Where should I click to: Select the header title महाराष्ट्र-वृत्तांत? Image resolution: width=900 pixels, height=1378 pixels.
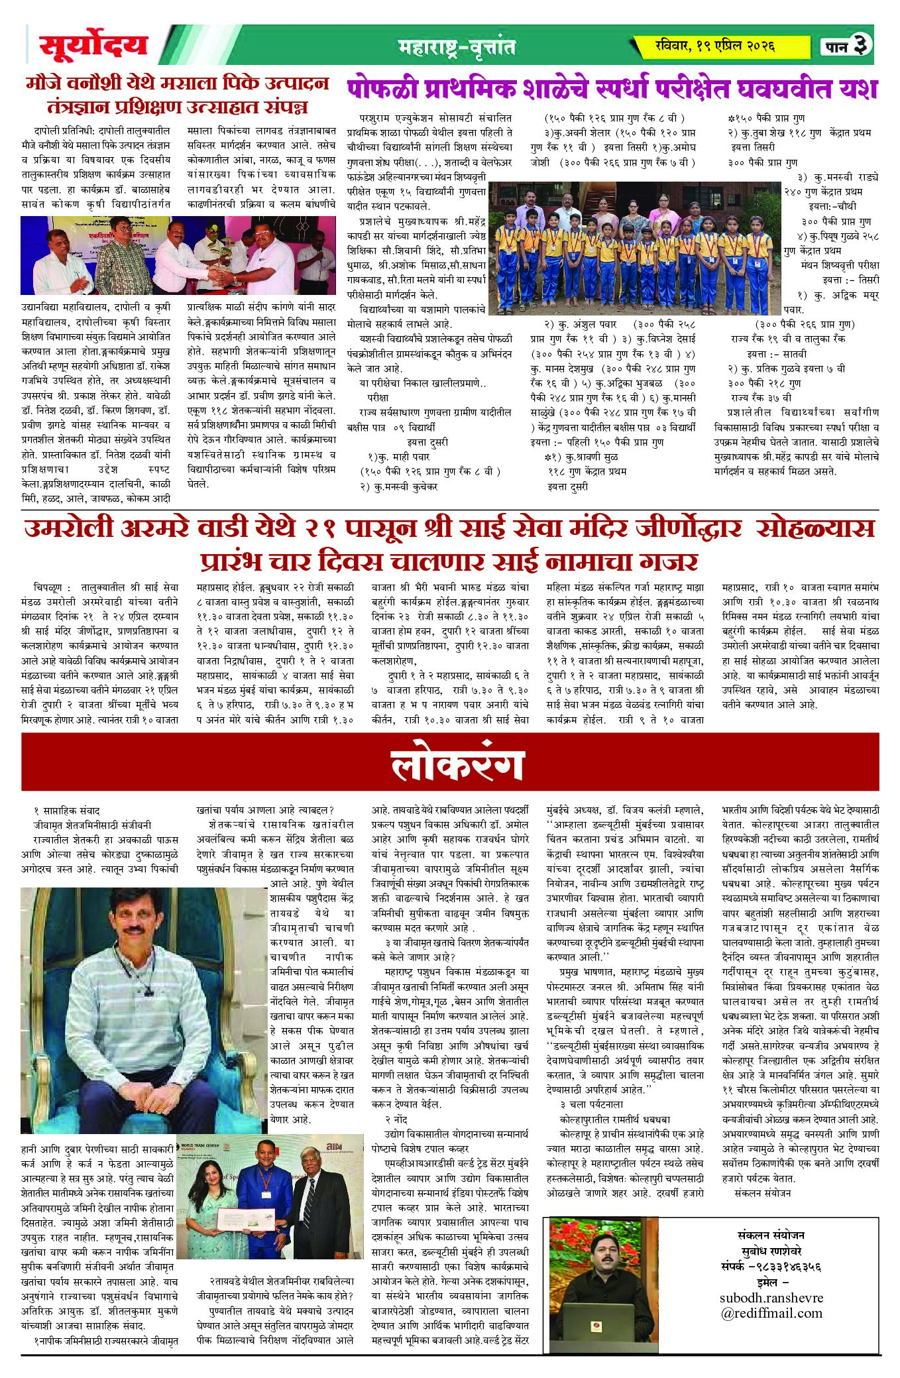[457, 46]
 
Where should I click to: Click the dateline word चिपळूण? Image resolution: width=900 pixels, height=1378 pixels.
[47, 587]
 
